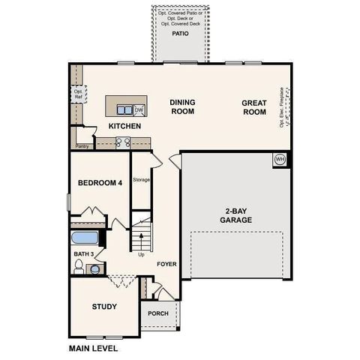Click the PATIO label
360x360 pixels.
pyautogui.click(x=180, y=34)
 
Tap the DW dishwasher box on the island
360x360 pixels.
pyautogui.click(x=139, y=109)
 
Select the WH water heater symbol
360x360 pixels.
pyautogui.click(x=280, y=159)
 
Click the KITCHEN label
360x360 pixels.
pyautogui.click(x=124, y=126)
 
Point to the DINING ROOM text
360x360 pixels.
pyautogui.click(x=181, y=106)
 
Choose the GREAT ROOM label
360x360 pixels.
pyautogui.click(x=254, y=106)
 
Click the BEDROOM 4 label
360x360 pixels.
pyautogui.click(x=100, y=183)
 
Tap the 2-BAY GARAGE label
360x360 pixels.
pyautogui.click(x=235, y=215)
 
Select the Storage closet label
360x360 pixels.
pyautogui.click(x=142, y=180)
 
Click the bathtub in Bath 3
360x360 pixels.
pyautogui.click(x=85, y=238)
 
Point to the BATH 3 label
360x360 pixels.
pyautogui.click(x=84, y=254)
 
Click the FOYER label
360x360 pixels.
pyautogui.click(x=166, y=265)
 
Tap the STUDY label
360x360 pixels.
pyautogui.click(x=104, y=307)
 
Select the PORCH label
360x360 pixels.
pyautogui.click(x=157, y=313)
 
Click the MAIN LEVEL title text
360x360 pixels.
pyautogui.click(x=93, y=348)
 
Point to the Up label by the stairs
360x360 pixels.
pyautogui.click(x=142, y=254)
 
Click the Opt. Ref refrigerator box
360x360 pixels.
pyautogui.click(x=76, y=94)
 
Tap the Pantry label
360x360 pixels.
pyautogui.click(x=82, y=146)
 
